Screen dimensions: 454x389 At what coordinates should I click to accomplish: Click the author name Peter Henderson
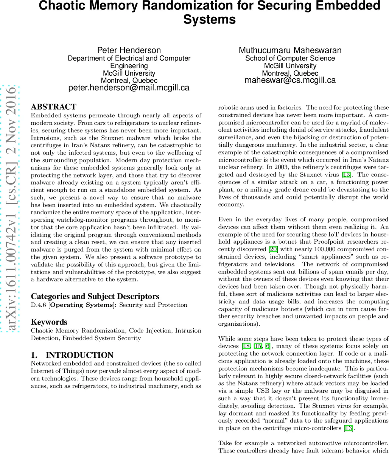tap(129, 50)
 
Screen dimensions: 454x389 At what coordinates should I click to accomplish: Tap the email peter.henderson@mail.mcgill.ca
tap(129, 88)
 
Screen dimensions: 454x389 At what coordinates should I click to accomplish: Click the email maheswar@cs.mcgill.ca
tap(290, 80)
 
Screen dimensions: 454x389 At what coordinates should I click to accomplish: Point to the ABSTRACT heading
tap(53, 107)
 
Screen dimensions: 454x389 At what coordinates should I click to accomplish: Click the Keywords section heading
tap(49, 322)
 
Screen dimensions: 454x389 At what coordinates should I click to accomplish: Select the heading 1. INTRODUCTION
tap(72, 355)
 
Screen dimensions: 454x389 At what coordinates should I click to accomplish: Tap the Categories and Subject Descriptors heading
tap(95, 296)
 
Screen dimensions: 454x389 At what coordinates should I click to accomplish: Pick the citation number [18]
tap(246, 346)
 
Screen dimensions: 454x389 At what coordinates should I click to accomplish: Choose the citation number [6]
tap(268, 346)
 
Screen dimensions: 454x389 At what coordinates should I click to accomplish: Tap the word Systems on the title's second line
tap(210, 19)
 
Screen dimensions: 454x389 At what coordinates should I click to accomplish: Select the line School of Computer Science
tap(290, 58)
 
